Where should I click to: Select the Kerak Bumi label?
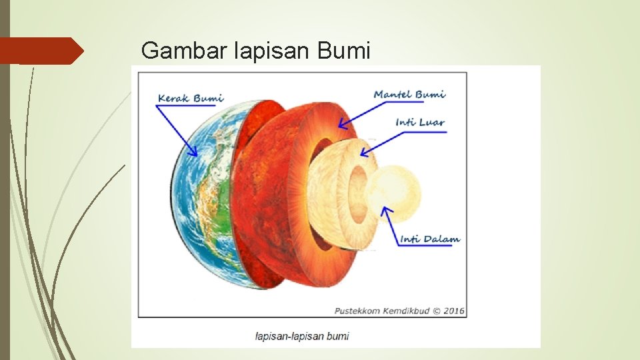click(x=191, y=99)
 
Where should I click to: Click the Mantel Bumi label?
click(x=409, y=94)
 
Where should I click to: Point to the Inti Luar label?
click(x=420, y=123)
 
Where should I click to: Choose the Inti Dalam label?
click(x=430, y=239)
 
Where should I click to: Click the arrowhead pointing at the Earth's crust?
click(x=195, y=153)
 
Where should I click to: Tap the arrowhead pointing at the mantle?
click(x=342, y=125)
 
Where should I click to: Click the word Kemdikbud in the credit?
click(x=406, y=311)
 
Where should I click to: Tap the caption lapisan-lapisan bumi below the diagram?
click(x=302, y=336)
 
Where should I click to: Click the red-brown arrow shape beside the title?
click(x=41, y=51)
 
